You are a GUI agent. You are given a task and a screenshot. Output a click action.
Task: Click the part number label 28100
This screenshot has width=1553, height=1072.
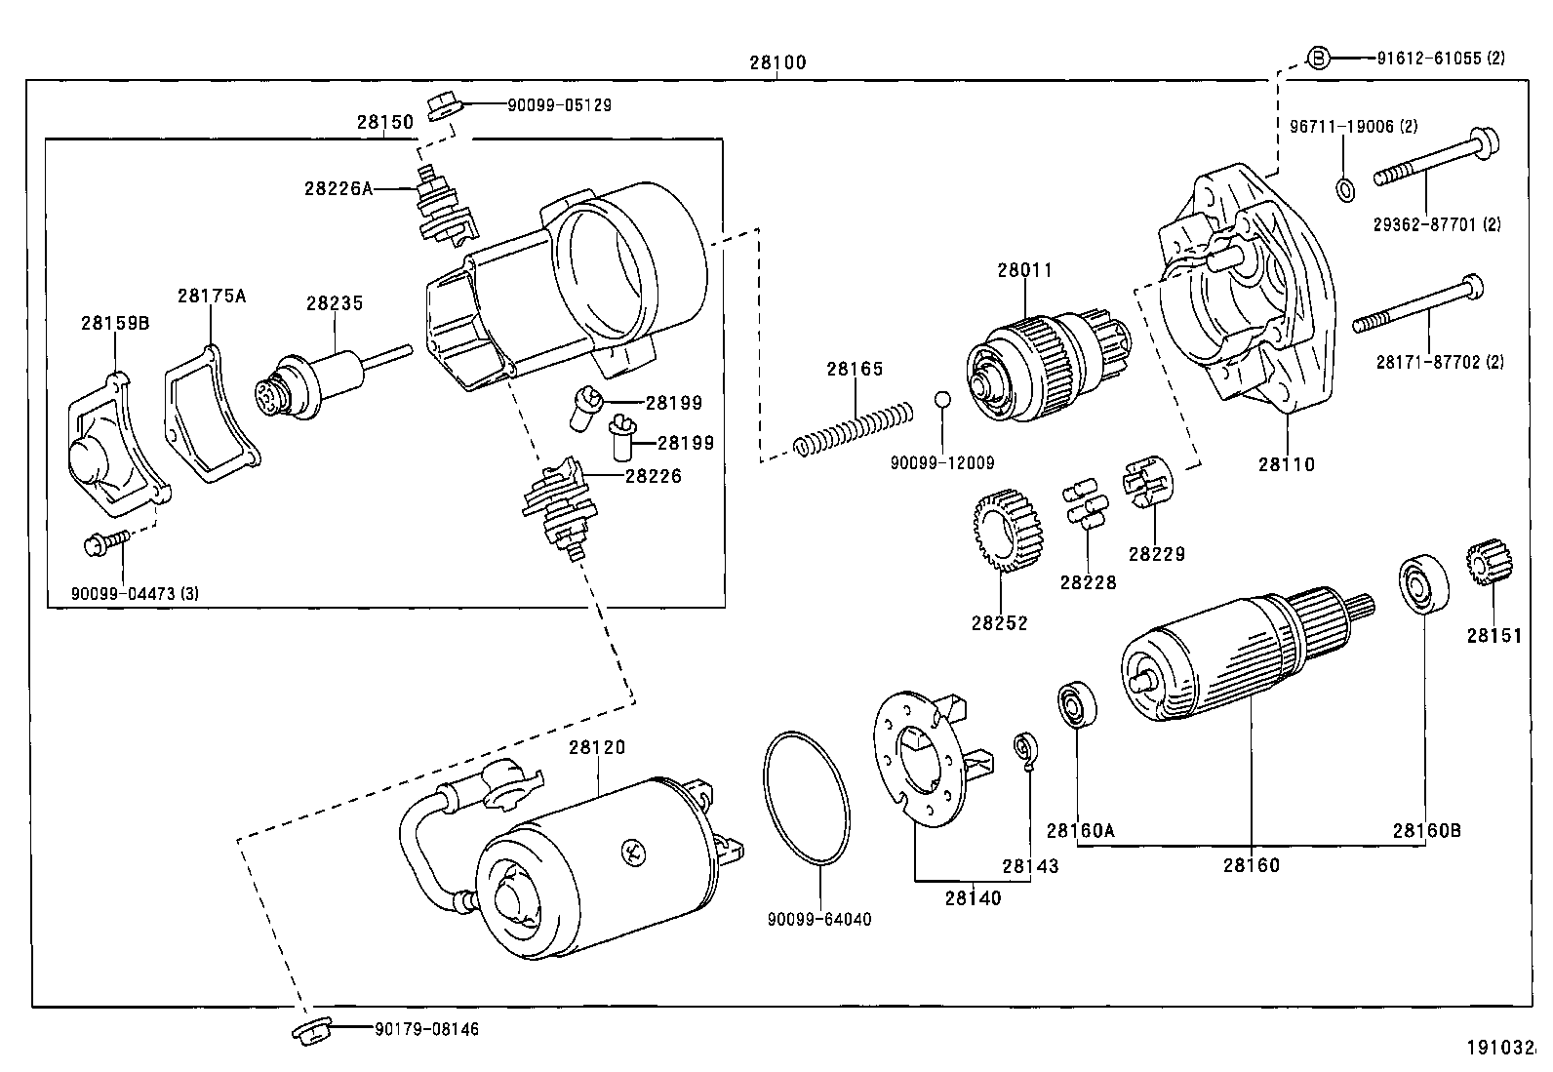[x=777, y=62]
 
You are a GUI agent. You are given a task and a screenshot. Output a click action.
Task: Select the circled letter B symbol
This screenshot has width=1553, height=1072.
[x=1318, y=58]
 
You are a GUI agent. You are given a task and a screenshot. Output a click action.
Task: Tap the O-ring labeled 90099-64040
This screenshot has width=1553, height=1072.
[x=806, y=797]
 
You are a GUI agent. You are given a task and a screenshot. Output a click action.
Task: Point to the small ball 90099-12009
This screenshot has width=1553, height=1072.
[x=942, y=399]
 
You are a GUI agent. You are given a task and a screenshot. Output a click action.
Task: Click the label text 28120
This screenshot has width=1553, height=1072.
[x=597, y=747]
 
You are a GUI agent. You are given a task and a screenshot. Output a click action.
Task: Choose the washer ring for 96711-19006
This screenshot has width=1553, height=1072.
[x=1343, y=189]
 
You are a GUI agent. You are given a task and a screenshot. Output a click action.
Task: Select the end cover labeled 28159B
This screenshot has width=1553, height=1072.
[x=109, y=450]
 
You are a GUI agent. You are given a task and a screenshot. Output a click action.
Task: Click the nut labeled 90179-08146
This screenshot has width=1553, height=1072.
[x=312, y=1031]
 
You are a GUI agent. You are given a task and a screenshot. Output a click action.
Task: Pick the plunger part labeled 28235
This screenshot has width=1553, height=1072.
[x=312, y=384]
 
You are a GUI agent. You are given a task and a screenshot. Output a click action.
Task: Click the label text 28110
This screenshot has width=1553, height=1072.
[x=1285, y=464]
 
